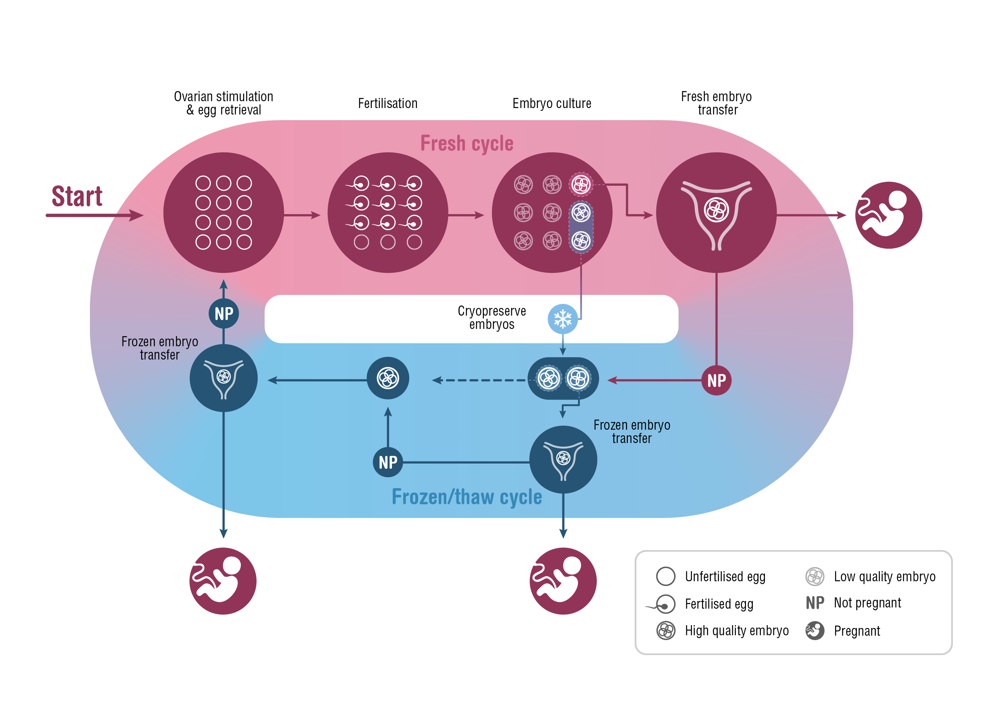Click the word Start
(77, 196)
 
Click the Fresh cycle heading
(467, 143)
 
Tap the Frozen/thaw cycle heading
(467, 497)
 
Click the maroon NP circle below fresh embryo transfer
(716, 381)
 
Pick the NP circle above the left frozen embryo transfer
(223, 314)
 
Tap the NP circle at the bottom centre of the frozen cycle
(387, 462)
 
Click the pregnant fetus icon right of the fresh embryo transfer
(888, 215)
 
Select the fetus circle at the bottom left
(223, 581)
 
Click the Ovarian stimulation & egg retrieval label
(223, 103)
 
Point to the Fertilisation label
(387, 104)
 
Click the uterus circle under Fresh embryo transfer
(716, 212)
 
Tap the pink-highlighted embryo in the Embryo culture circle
(581, 185)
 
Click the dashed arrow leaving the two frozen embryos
(479, 381)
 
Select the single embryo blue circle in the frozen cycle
(387, 378)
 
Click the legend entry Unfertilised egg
(725, 576)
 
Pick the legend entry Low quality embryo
(884, 576)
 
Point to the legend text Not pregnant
(867, 603)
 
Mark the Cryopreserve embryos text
(491, 318)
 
